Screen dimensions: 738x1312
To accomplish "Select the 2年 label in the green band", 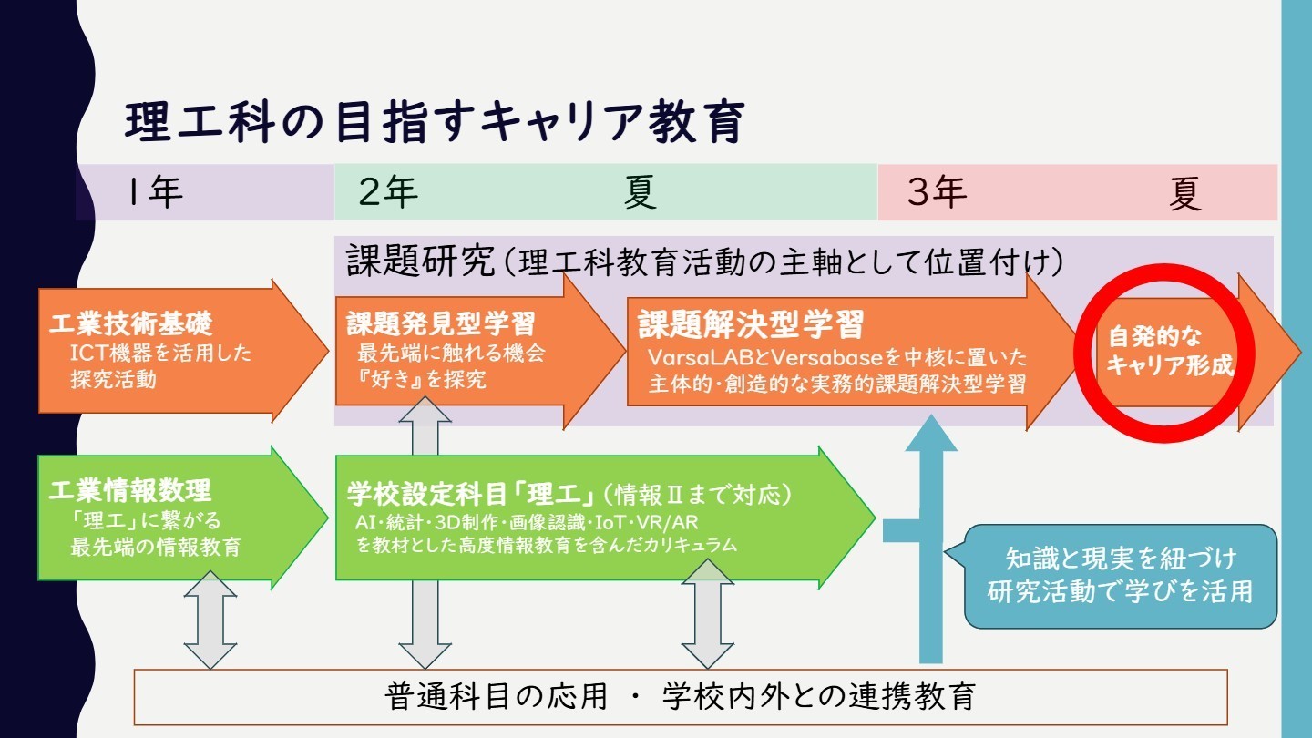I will pos(388,193).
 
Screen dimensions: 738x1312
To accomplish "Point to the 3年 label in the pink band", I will pos(937,193).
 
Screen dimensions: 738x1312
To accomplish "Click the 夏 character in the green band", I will pos(641,193).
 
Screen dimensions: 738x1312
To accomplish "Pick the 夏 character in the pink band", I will pos(1185,194).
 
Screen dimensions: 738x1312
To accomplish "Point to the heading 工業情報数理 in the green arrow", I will pos(131,490).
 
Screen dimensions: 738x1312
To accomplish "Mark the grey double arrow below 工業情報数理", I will pos(210,620).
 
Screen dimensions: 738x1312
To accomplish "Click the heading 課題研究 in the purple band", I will pos(419,261).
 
